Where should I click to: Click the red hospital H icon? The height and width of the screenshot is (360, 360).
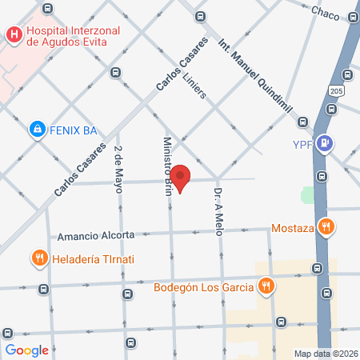14,35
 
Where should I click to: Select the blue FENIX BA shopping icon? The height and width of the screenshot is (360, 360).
36,128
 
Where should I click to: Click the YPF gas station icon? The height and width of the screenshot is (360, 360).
326,143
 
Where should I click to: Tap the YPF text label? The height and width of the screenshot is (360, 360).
300,145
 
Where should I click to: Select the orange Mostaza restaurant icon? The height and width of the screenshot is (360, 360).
324,226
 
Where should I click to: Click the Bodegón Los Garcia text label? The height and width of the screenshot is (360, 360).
203,286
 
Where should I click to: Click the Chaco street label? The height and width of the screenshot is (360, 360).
325,13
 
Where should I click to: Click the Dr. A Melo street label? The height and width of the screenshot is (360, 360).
217,211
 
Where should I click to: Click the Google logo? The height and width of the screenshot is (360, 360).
27,350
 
